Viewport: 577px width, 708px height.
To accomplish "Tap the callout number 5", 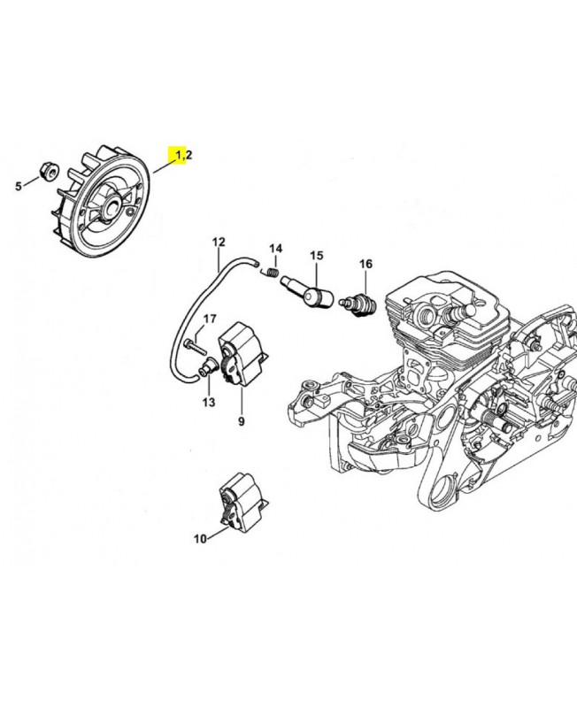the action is point(19,186).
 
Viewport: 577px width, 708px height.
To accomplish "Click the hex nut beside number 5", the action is point(49,171).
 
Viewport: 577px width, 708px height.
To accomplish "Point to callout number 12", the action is point(219,242).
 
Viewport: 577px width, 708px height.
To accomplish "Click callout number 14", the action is point(276,249).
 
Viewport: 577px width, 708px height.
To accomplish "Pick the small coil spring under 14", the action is point(271,273).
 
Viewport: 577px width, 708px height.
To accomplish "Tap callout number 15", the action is point(317,256).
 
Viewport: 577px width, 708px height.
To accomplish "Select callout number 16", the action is point(365,264).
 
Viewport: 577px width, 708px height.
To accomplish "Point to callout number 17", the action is point(210,319).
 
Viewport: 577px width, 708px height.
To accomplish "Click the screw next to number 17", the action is point(195,347).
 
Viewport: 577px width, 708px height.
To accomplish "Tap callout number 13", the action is point(209,402).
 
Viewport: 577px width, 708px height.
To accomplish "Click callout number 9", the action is point(242,421).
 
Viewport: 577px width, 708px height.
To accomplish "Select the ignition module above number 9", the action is point(242,355).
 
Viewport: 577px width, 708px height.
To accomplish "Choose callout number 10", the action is point(200,539).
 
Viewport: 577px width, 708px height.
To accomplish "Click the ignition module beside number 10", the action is point(242,503).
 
